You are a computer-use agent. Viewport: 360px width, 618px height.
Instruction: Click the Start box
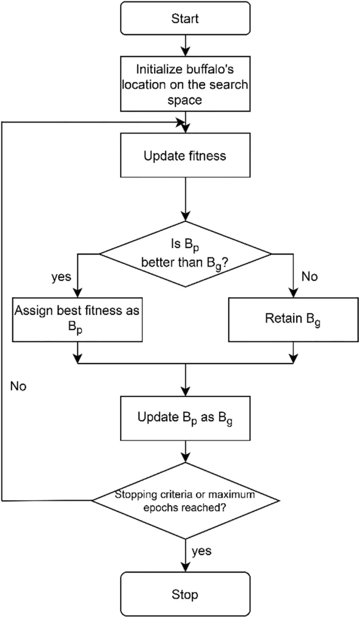click(185, 18)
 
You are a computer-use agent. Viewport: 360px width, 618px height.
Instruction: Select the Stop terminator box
click(185, 595)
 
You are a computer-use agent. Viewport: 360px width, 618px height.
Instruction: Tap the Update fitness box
click(185, 155)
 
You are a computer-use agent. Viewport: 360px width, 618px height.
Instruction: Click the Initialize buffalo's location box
click(185, 85)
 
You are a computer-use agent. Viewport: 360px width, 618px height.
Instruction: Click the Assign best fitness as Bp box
click(77, 319)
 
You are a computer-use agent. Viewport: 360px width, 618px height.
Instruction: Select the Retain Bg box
click(293, 319)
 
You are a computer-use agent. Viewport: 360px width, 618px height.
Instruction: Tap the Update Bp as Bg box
click(185, 418)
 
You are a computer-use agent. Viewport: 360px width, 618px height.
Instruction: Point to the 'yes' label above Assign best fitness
click(61, 277)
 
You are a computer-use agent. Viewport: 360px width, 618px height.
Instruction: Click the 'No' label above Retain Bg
click(309, 277)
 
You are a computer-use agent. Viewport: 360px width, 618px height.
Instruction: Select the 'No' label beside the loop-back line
click(18, 386)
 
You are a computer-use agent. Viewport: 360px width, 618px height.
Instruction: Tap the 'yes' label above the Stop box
click(202, 551)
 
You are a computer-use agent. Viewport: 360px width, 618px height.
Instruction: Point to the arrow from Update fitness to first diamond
click(185, 199)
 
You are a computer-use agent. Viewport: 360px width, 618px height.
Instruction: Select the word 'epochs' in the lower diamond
click(160, 508)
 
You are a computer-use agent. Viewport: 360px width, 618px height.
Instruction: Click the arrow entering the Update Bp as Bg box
click(185, 380)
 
